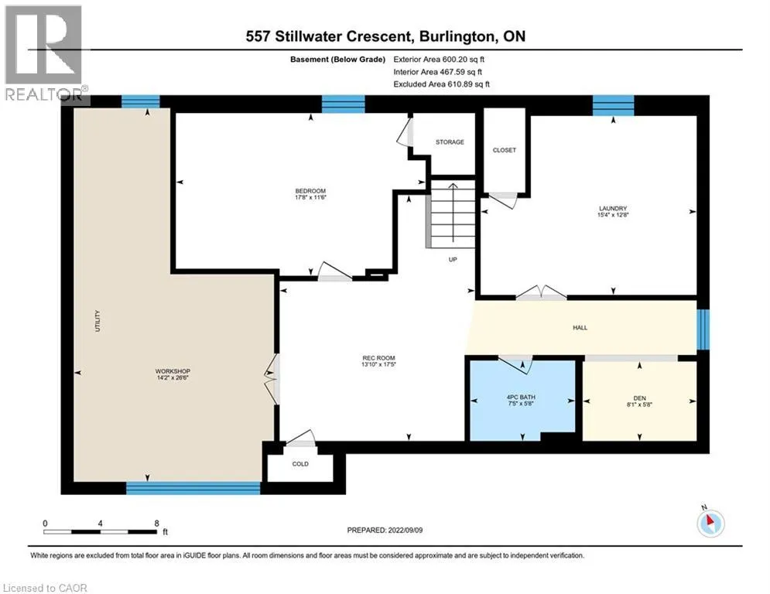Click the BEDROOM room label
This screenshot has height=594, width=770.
[x=310, y=191]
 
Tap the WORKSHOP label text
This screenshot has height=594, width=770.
[x=173, y=371]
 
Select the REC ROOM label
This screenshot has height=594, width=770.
[x=378, y=358]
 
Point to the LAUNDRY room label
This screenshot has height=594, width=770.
[x=613, y=208]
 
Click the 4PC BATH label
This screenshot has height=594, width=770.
[x=521, y=397]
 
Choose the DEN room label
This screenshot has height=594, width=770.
[x=639, y=398]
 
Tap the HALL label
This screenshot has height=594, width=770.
[x=580, y=327]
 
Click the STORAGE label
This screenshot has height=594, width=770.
[x=450, y=142]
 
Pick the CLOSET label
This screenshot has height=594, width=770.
[x=505, y=150]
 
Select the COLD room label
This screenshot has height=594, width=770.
[x=300, y=464]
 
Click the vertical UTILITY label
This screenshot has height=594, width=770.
[x=98, y=321]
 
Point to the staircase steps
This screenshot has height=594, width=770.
[x=453, y=214]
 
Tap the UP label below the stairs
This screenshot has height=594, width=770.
[x=453, y=259]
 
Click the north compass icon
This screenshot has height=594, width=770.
[x=710, y=522]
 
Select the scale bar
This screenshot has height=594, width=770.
[x=100, y=531]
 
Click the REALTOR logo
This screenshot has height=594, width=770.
[x=45, y=53]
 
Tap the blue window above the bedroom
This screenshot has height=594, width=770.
[x=344, y=104]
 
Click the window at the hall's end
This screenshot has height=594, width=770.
[x=703, y=329]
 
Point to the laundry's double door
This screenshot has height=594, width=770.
[x=541, y=292]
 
